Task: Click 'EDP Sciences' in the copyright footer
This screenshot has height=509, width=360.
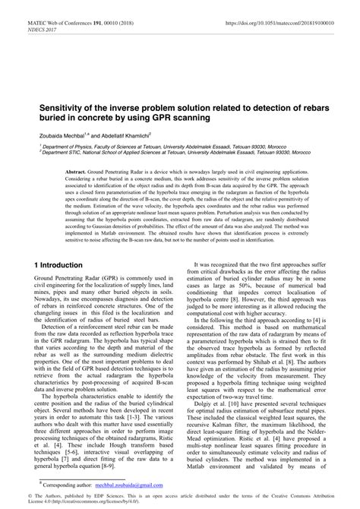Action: coord(102,495)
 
